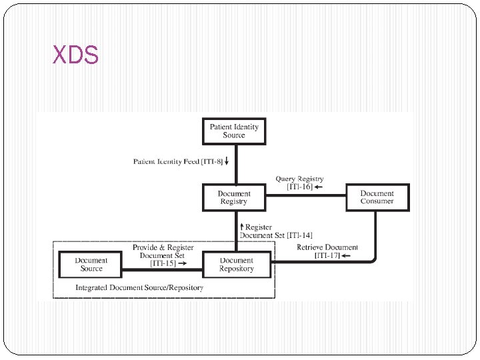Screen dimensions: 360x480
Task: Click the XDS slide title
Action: [x=75, y=56]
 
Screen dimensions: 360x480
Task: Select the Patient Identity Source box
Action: [x=234, y=131]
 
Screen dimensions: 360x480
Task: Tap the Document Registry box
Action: [x=234, y=197]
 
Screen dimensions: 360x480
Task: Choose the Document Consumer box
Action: [x=377, y=197]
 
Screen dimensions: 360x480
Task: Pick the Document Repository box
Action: [x=237, y=265]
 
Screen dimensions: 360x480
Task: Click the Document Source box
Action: [x=91, y=265]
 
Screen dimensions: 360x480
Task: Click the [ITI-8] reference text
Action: [x=214, y=161]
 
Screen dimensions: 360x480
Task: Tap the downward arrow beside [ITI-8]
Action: [x=227, y=161]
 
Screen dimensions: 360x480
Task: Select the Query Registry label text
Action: [x=300, y=179]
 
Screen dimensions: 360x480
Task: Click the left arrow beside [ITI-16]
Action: [x=318, y=187]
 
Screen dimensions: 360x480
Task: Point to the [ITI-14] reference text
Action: [x=299, y=235]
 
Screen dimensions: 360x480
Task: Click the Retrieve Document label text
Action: [x=327, y=247]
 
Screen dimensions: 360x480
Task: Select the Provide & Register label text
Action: [x=163, y=247]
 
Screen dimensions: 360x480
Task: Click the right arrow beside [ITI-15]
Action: [x=182, y=264]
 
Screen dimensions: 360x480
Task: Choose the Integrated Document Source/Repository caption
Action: [x=139, y=288]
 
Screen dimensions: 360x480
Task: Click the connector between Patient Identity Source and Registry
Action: [x=234, y=165]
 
